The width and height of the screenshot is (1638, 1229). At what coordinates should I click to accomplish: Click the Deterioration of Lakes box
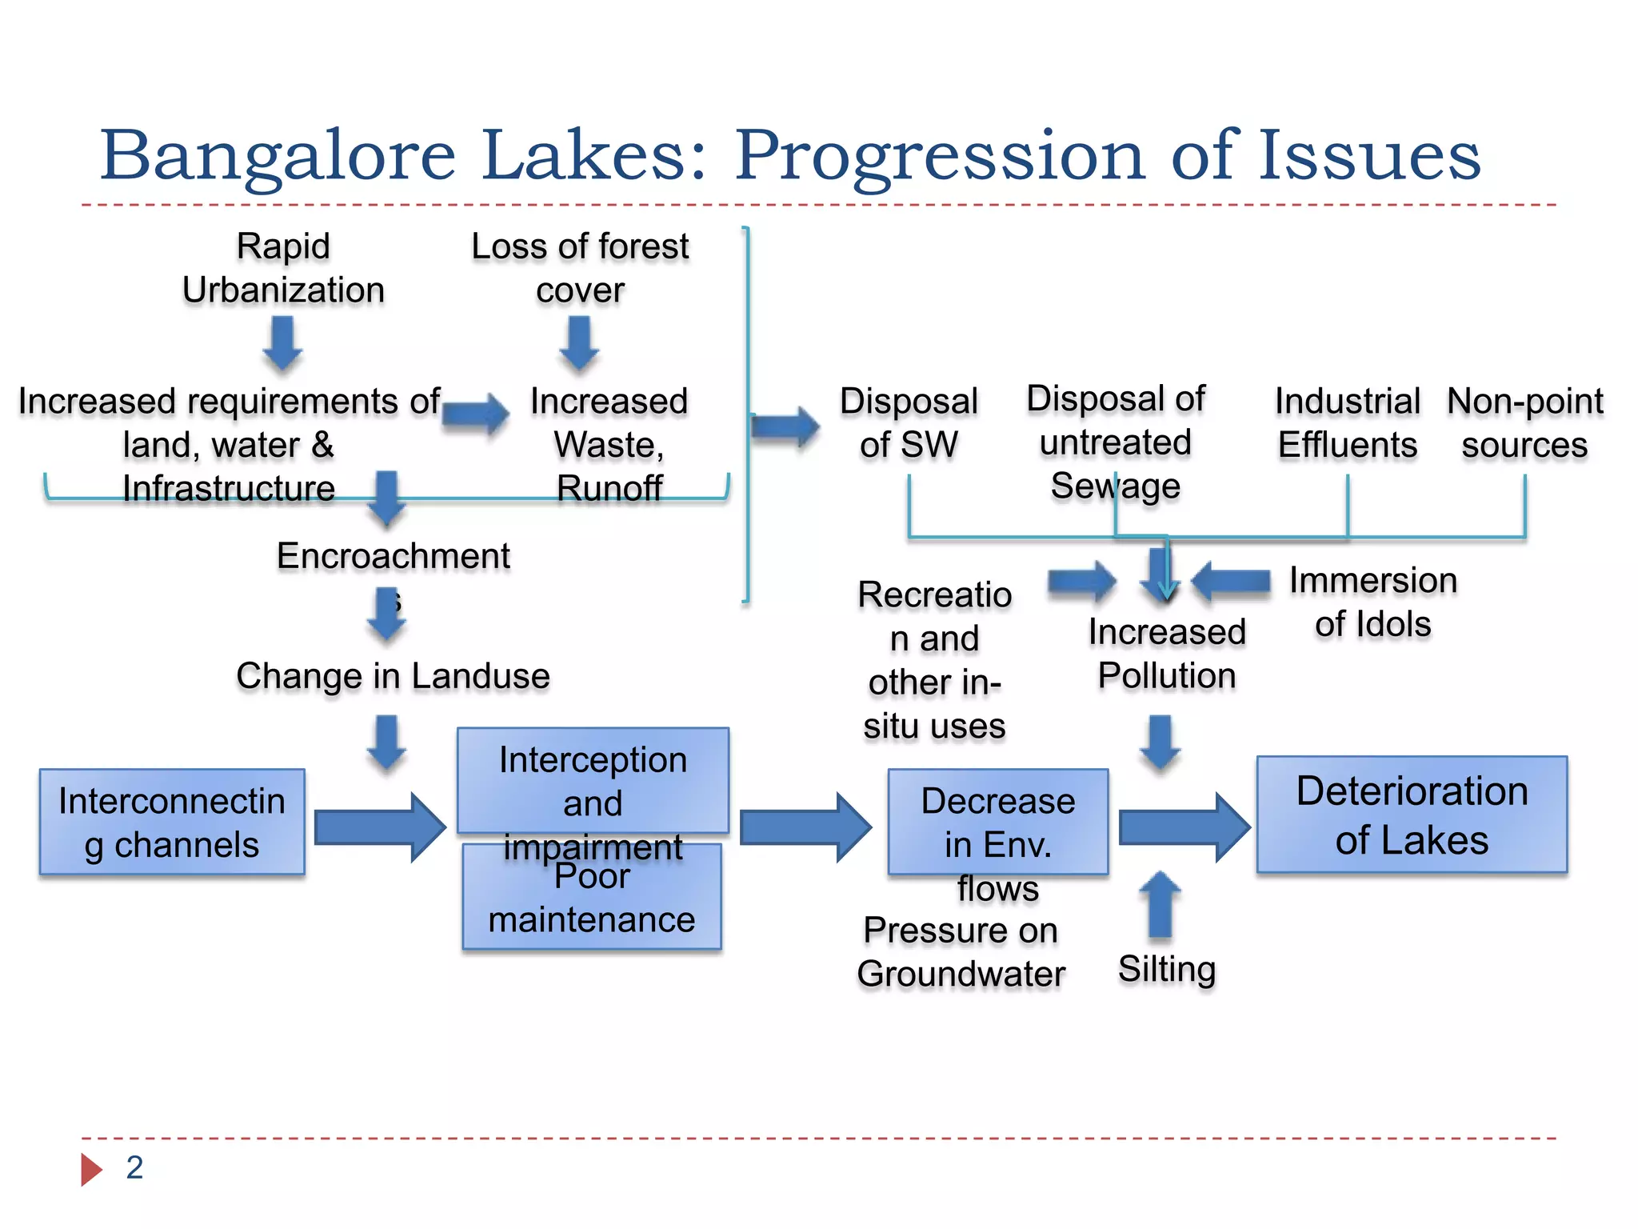click(1412, 815)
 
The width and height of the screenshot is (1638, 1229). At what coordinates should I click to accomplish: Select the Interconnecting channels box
click(172, 822)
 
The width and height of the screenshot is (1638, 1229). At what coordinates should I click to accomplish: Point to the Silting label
click(1167, 969)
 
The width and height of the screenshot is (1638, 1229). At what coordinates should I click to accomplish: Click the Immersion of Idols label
click(1372, 602)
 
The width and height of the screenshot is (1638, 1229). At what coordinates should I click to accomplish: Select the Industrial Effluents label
click(1348, 422)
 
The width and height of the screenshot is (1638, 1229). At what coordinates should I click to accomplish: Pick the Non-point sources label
click(1524, 422)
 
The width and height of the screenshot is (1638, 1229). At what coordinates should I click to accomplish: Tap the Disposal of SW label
click(909, 422)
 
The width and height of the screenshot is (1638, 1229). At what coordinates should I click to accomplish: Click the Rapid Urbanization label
click(283, 267)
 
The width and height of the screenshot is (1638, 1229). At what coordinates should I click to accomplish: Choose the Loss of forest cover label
click(580, 267)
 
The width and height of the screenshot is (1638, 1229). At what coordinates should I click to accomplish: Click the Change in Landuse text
click(393, 676)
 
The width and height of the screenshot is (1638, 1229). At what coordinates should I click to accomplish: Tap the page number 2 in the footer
click(134, 1167)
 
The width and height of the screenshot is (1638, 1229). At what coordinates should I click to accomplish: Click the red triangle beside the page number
click(91, 1169)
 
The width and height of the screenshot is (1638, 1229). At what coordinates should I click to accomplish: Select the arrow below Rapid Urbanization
click(282, 343)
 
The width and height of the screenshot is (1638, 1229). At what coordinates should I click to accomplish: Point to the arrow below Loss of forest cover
click(579, 343)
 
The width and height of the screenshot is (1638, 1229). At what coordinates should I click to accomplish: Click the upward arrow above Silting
click(1160, 904)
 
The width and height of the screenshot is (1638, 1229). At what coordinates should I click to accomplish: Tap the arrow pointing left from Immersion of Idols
click(1230, 581)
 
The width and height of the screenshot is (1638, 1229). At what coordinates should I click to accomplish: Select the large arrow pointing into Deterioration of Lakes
click(1184, 827)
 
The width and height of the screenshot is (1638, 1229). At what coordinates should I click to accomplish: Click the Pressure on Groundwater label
click(961, 952)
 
